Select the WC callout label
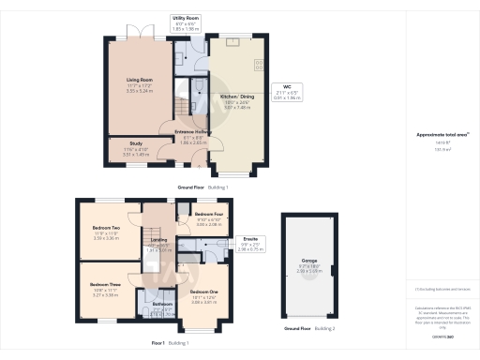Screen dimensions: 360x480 click(x=291, y=92)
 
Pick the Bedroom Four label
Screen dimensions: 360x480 click(x=206, y=214)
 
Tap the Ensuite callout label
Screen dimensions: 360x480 click(x=250, y=239)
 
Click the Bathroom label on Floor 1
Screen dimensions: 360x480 click(x=163, y=304)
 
